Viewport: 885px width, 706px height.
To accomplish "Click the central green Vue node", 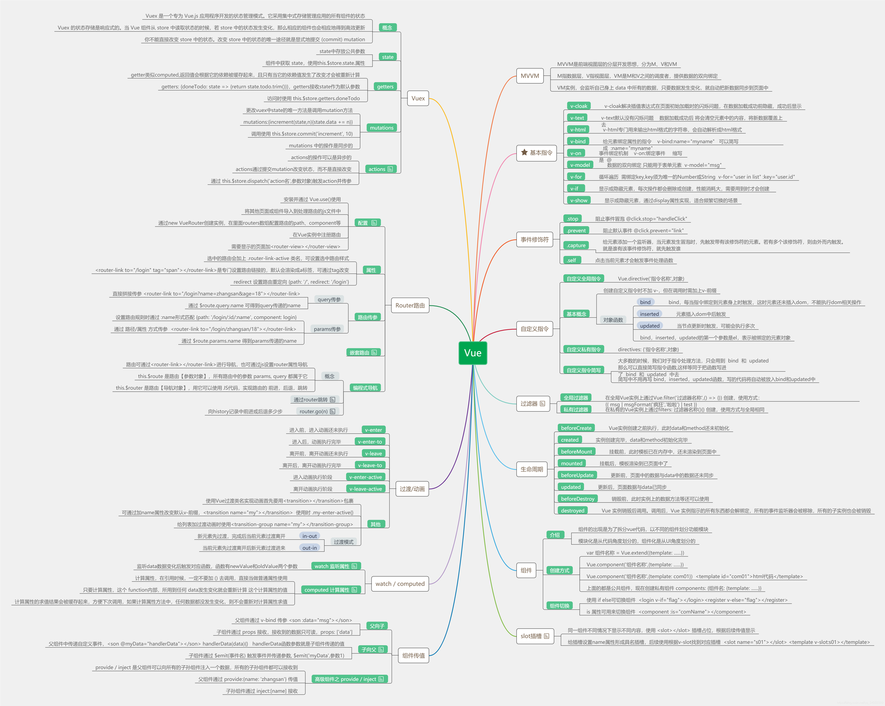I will coord(472,353).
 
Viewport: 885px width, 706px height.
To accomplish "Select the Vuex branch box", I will coord(418,99).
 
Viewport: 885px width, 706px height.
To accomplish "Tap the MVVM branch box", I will coord(530,76).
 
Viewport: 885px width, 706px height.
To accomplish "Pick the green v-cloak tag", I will coord(578,106).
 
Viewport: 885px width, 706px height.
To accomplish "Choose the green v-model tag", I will coord(580,165).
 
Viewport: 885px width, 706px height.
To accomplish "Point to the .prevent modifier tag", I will coord(576,231).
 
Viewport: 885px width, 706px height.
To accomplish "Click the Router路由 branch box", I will coord(410,305).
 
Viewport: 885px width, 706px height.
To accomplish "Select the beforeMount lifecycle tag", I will coord(576,452).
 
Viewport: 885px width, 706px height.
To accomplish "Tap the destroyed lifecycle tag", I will coord(572,511).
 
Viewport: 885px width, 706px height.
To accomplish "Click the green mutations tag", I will coord(381,128).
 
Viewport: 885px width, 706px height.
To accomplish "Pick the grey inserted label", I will coord(649,314).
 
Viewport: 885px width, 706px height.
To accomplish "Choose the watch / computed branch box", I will coord(400,584).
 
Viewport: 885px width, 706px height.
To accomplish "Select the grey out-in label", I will coord(309,548).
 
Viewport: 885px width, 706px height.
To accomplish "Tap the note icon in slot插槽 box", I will coord(546,636).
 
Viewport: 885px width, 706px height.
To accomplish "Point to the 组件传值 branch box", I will coord(413,656).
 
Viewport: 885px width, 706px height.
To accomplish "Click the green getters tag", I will coord(385,87).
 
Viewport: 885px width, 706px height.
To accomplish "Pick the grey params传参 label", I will coord(327,329).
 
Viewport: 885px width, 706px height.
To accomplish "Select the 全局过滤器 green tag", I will coord(576,398).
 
